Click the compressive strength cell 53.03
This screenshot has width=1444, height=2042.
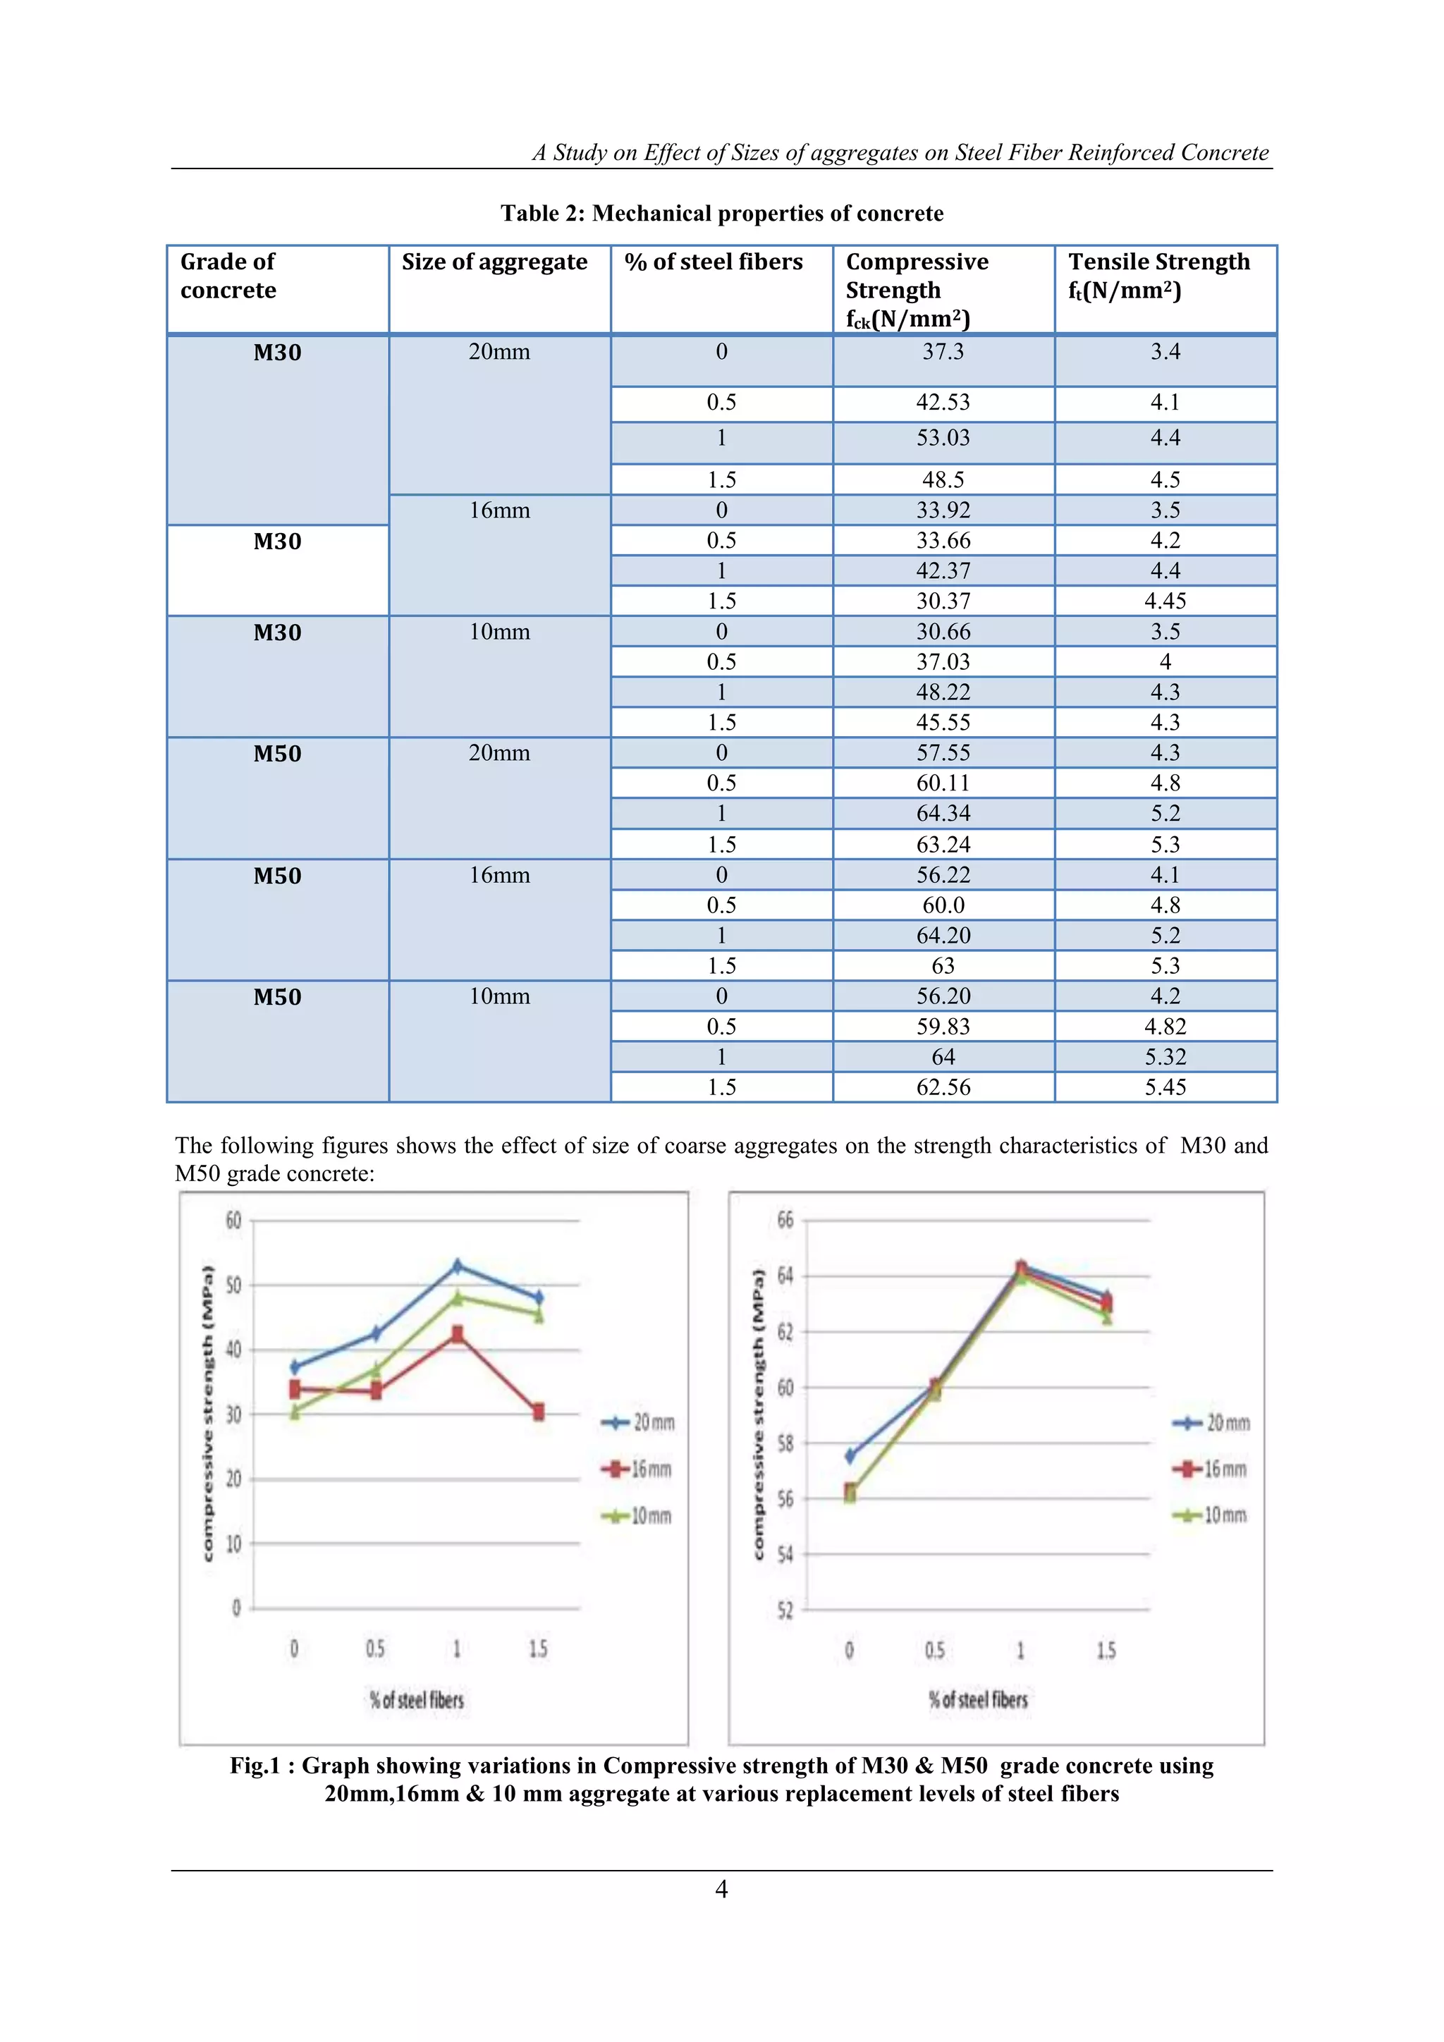coord(943,438)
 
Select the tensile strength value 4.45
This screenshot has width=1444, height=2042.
coord(1165,601)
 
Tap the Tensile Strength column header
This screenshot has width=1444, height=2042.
coord(1158,276)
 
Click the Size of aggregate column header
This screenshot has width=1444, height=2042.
coord(494,262)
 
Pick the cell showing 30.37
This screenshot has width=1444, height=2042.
coord(943,601)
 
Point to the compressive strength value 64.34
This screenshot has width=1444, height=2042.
coord(943,814)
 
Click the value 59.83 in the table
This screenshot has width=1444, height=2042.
coord(943,1027)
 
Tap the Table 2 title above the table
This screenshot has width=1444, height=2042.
coord(721,214)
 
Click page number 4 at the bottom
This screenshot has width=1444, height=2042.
coord(721,1889)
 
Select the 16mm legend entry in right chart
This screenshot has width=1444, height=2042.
coord(1211,1469)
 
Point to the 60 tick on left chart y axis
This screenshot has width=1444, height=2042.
coord(233,1221)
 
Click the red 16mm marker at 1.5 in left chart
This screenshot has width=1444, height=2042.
coord(538,1412)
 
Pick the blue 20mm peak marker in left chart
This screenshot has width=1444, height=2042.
coord(457,1266)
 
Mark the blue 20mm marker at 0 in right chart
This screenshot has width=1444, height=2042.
coord(850,1456)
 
